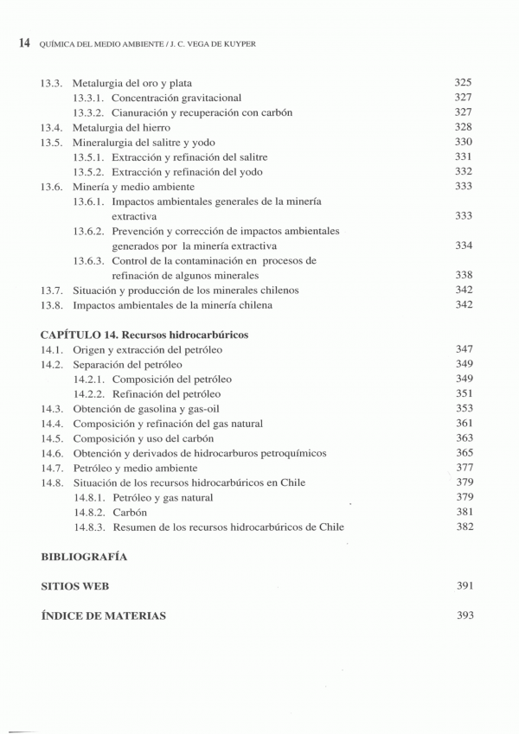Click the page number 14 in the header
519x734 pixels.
click(x=23, y=41)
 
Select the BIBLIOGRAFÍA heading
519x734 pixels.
click(x=84, y=556)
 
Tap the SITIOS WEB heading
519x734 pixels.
click(x=75, y=586)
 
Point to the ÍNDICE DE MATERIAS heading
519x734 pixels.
click(x=104, y=616)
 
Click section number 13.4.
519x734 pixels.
click(x=52, y=127)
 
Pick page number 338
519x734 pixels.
click(x=464, y=275)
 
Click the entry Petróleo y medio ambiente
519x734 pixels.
click(x=135, y=468)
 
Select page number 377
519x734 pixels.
click(x=464, y=468)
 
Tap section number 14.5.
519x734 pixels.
click(x=52, y=438)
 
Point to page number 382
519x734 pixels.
click(x=464, y=527)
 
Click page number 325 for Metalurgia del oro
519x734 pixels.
click(x=464, y=83)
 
